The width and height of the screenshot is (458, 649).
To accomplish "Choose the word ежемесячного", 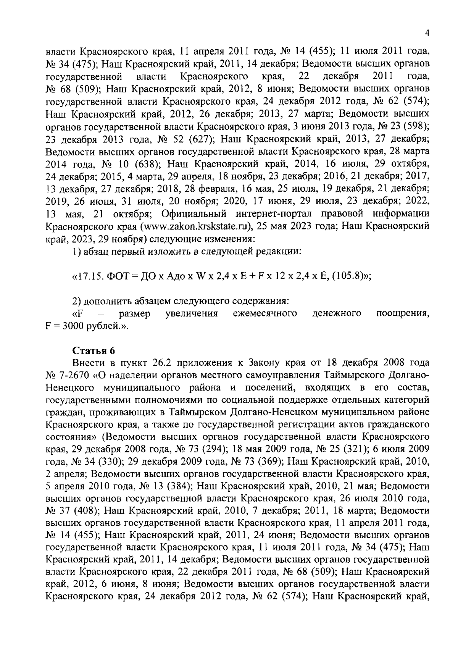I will [x=265, y=314].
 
